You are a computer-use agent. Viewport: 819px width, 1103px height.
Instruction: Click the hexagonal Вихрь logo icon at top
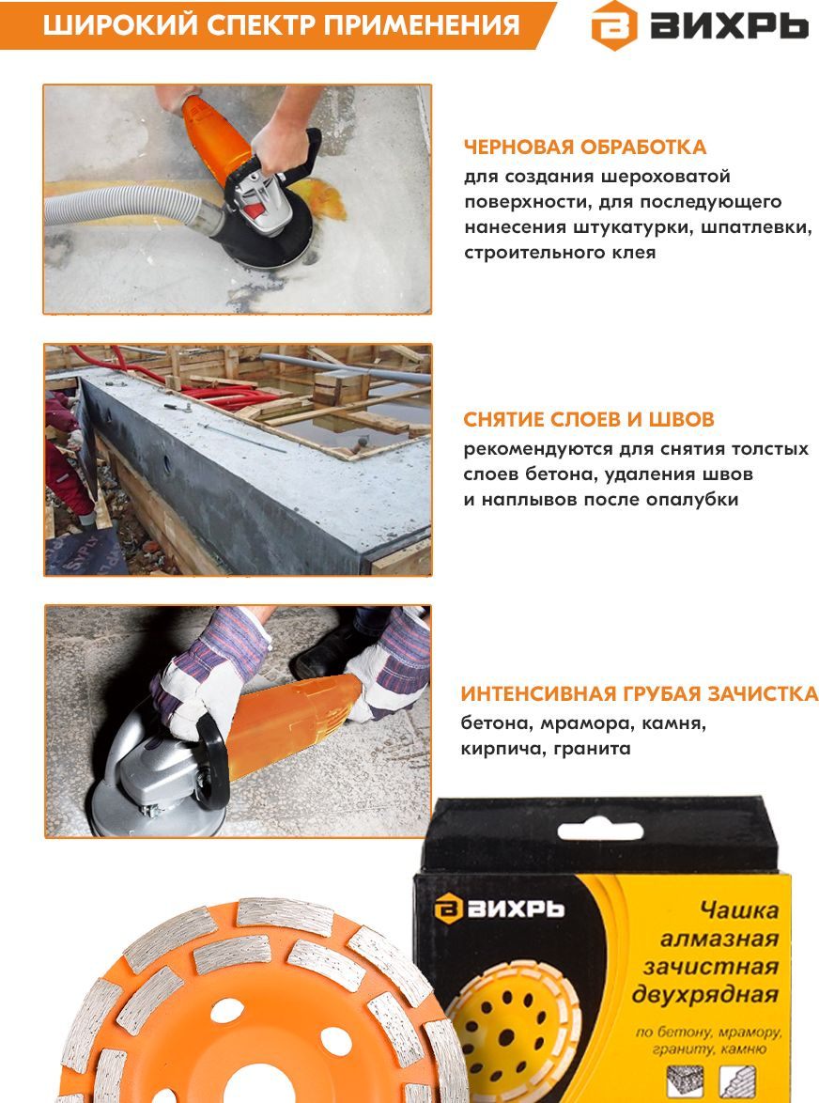tap(613, 25)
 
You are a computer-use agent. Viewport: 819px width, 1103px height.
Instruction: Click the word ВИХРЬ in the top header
tap(728, 26)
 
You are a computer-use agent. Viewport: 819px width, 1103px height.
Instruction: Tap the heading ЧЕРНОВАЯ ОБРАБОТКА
tap(585, 147)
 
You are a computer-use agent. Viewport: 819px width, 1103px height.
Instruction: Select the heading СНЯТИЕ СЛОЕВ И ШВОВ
tap(588, 419)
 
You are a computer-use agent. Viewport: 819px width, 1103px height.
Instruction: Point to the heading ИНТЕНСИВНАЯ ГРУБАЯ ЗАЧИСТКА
tap(639, 694)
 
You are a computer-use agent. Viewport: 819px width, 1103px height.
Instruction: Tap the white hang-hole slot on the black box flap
tap(599, 831)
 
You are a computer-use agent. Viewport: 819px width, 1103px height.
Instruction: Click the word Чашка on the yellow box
tap(738, 910)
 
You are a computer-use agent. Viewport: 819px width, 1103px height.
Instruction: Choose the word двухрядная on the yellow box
tap(705, 995)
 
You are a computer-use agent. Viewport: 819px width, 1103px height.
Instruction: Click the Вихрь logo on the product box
tap(499, 909)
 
